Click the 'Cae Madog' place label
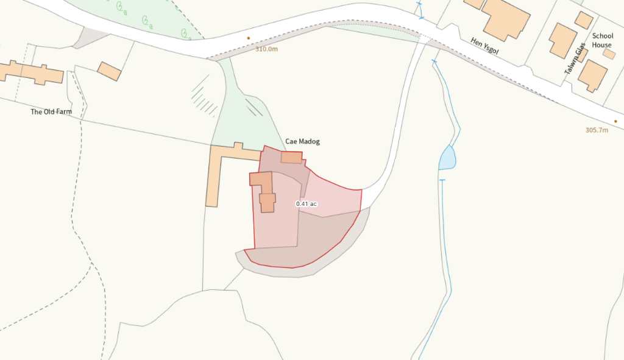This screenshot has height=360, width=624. click(302, 141)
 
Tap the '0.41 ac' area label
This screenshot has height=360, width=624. click(307, 203)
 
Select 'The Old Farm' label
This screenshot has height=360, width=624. click(51, 112)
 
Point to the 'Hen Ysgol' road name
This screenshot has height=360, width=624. click(485, 46)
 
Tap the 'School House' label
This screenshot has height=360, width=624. click(602, 40)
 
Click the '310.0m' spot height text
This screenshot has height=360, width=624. click(266, 49)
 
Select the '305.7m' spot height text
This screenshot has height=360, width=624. click(597, 130)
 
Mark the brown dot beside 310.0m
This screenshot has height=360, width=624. click(248, 38)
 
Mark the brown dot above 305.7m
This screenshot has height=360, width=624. click(615, 121)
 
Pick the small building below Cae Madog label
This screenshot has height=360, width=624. click(291, 157)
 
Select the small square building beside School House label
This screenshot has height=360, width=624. click(609, 54)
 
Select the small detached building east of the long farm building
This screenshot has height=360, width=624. click(109, 71)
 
